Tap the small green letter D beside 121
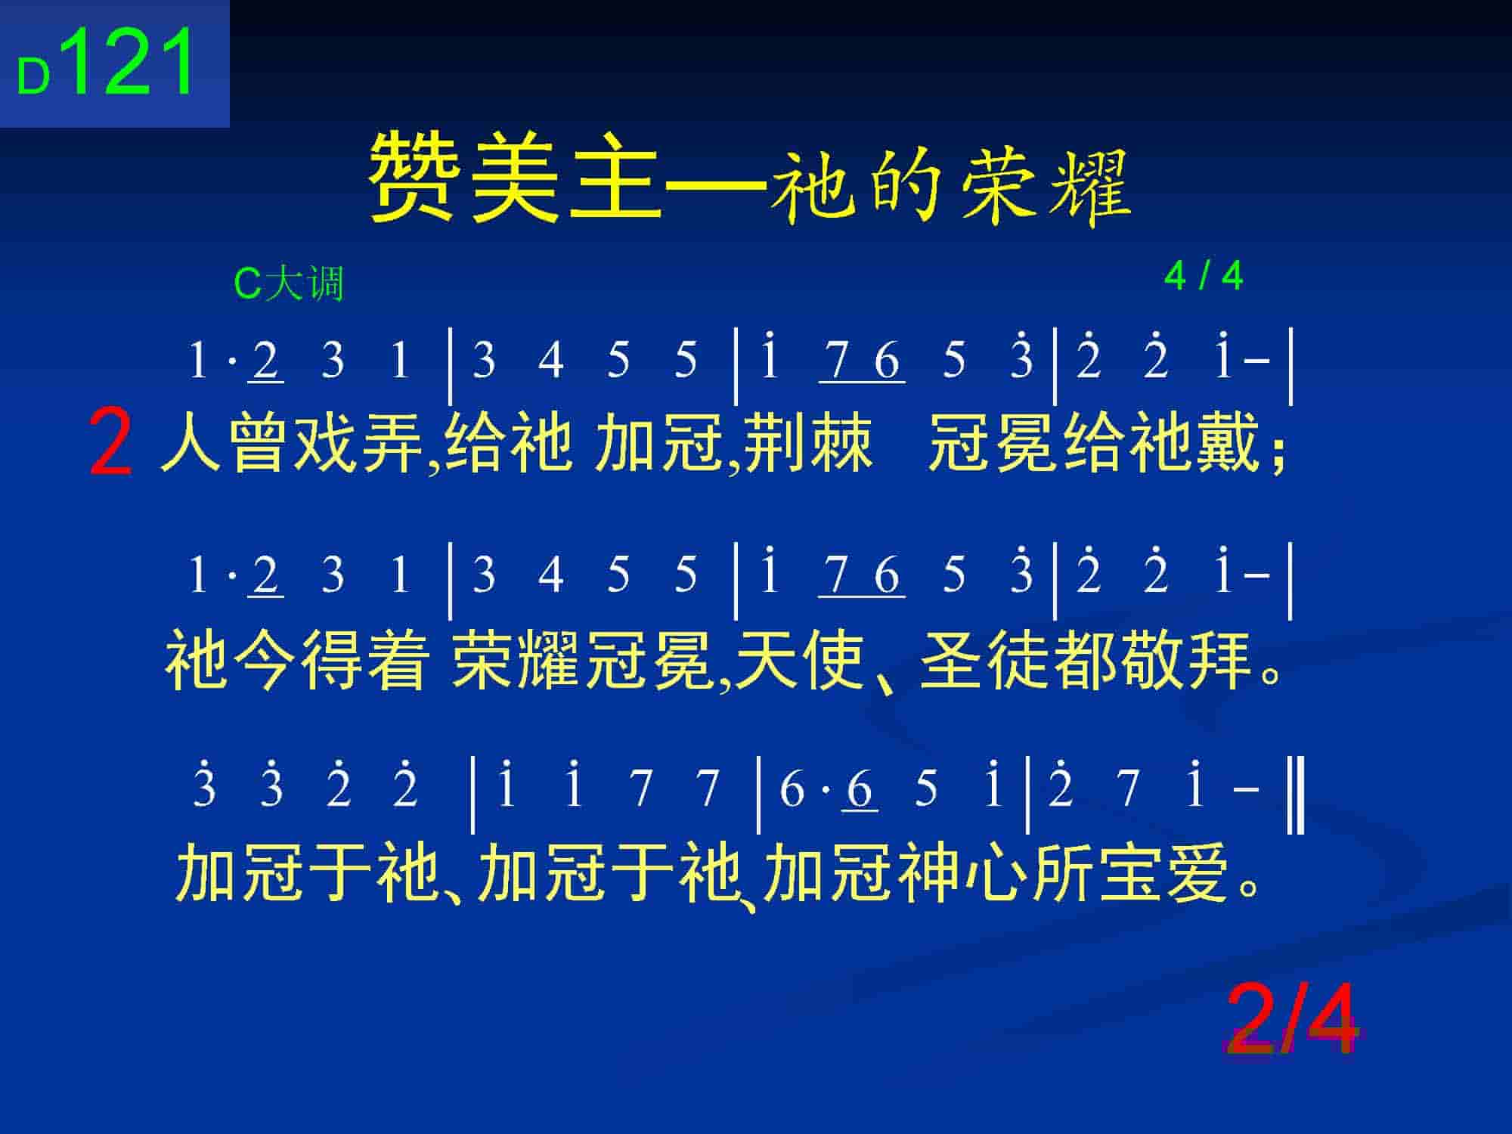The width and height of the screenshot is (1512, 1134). click(33, 79)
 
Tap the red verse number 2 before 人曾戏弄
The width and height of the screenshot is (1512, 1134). click(110, 442)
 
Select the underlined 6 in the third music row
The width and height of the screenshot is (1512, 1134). click(860, 789)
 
